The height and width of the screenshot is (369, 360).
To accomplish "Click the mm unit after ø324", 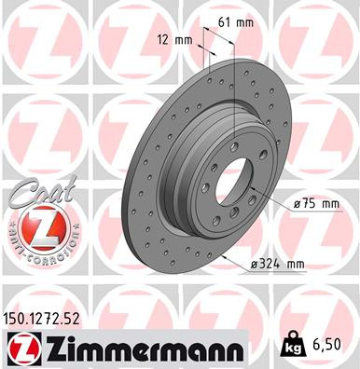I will [x=295, y=265].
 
